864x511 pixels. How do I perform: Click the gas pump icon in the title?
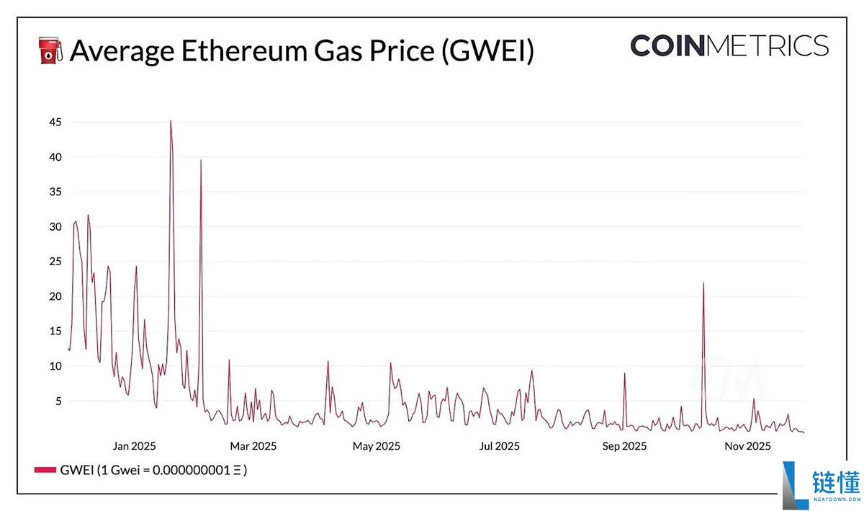pos(49,50)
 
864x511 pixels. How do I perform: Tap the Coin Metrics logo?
pos(729,45)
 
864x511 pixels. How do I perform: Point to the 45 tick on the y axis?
pos(55,123)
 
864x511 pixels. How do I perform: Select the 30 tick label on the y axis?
pos(55,227)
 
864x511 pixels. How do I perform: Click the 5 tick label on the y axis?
pos(58,401)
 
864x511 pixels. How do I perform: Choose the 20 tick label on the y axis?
pos(55,296)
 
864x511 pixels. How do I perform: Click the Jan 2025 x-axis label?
pos(135,446)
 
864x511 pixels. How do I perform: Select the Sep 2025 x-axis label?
pos(624,446)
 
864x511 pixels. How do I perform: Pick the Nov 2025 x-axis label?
pos(747,446)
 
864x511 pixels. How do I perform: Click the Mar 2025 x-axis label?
pos(253,446)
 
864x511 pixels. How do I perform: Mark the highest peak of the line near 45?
pos(171,121)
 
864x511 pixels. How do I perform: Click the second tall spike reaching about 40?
pos(201,161)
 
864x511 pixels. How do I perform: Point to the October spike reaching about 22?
pos(703,283)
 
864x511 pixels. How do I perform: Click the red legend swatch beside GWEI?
pos(45,471)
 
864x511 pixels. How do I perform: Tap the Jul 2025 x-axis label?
pos(500,446)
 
